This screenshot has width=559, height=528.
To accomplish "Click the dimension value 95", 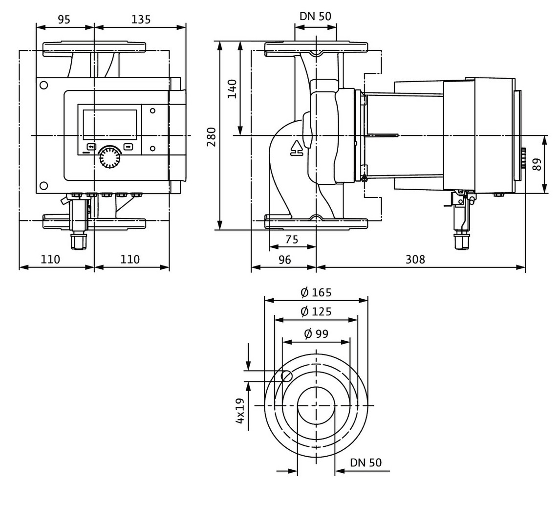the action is (64, 19).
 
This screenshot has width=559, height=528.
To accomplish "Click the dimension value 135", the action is (141, 19).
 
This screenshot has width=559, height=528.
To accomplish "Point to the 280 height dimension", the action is (212, 136).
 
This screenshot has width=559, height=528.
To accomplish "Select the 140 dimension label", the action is (232, 89).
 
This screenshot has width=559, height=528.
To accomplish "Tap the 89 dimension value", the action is (537, 164).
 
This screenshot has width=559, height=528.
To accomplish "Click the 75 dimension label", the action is (292, 239).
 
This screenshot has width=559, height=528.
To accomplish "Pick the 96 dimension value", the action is (284, 260).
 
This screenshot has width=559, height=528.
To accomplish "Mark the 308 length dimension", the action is (415, 260).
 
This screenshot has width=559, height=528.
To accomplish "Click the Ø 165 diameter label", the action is (316, 292).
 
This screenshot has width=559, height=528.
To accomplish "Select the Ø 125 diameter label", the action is (316, 311).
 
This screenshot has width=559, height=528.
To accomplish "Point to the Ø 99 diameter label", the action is (316, 333).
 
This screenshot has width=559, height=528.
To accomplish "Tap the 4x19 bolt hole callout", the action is (240, 411).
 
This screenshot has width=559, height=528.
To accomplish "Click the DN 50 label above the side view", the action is (315, 17).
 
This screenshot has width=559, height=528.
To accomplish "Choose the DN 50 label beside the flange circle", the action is (366, 462).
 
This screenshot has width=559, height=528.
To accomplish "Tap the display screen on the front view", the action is (110, 125).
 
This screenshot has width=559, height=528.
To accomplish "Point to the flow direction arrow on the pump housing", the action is (296, 148).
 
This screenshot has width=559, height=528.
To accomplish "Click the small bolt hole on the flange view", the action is (287, 376).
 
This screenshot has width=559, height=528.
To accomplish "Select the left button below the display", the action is (92, 147).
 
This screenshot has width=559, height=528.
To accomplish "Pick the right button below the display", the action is (128, 146).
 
